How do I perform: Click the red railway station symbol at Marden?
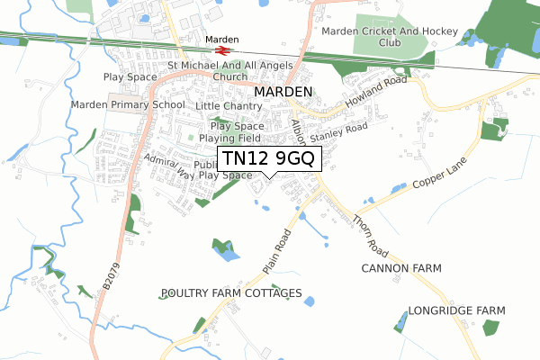[x=222, y=50]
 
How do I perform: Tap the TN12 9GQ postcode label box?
[x=269, y=159]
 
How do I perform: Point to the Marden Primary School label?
[x=129, y=104]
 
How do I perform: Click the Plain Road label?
[x=277, y=253]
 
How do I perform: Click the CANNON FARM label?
[x=398, y=269]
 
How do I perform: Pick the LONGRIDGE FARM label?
[x=456, y=310]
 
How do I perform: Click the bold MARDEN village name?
[x=283, y=92]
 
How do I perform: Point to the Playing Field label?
[x=229, y=139]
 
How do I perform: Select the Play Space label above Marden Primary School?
[x=131, y=77]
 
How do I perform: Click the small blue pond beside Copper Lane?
[x=396, y=188]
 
